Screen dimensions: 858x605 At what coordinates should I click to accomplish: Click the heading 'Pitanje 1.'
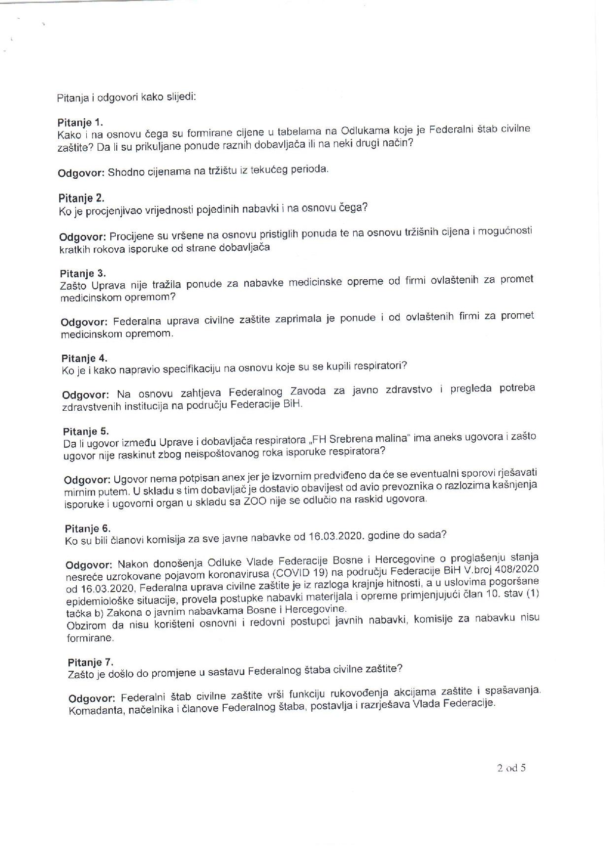pyautogui.click(x=80, y=122)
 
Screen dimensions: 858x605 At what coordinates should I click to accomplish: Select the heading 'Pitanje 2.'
pyautogui.click(x=81, y=198)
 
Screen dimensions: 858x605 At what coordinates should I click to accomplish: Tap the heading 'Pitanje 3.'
pyautogui.click(x=83, y=273)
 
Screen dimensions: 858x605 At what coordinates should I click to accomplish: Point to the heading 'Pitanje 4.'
pyautogui.click(x=84, y=358)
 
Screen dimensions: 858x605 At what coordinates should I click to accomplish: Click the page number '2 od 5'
pyautogui.click(x=511, y=767)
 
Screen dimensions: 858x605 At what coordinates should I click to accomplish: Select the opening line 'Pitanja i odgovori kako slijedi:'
pyautogui.click(x=127, y=97)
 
